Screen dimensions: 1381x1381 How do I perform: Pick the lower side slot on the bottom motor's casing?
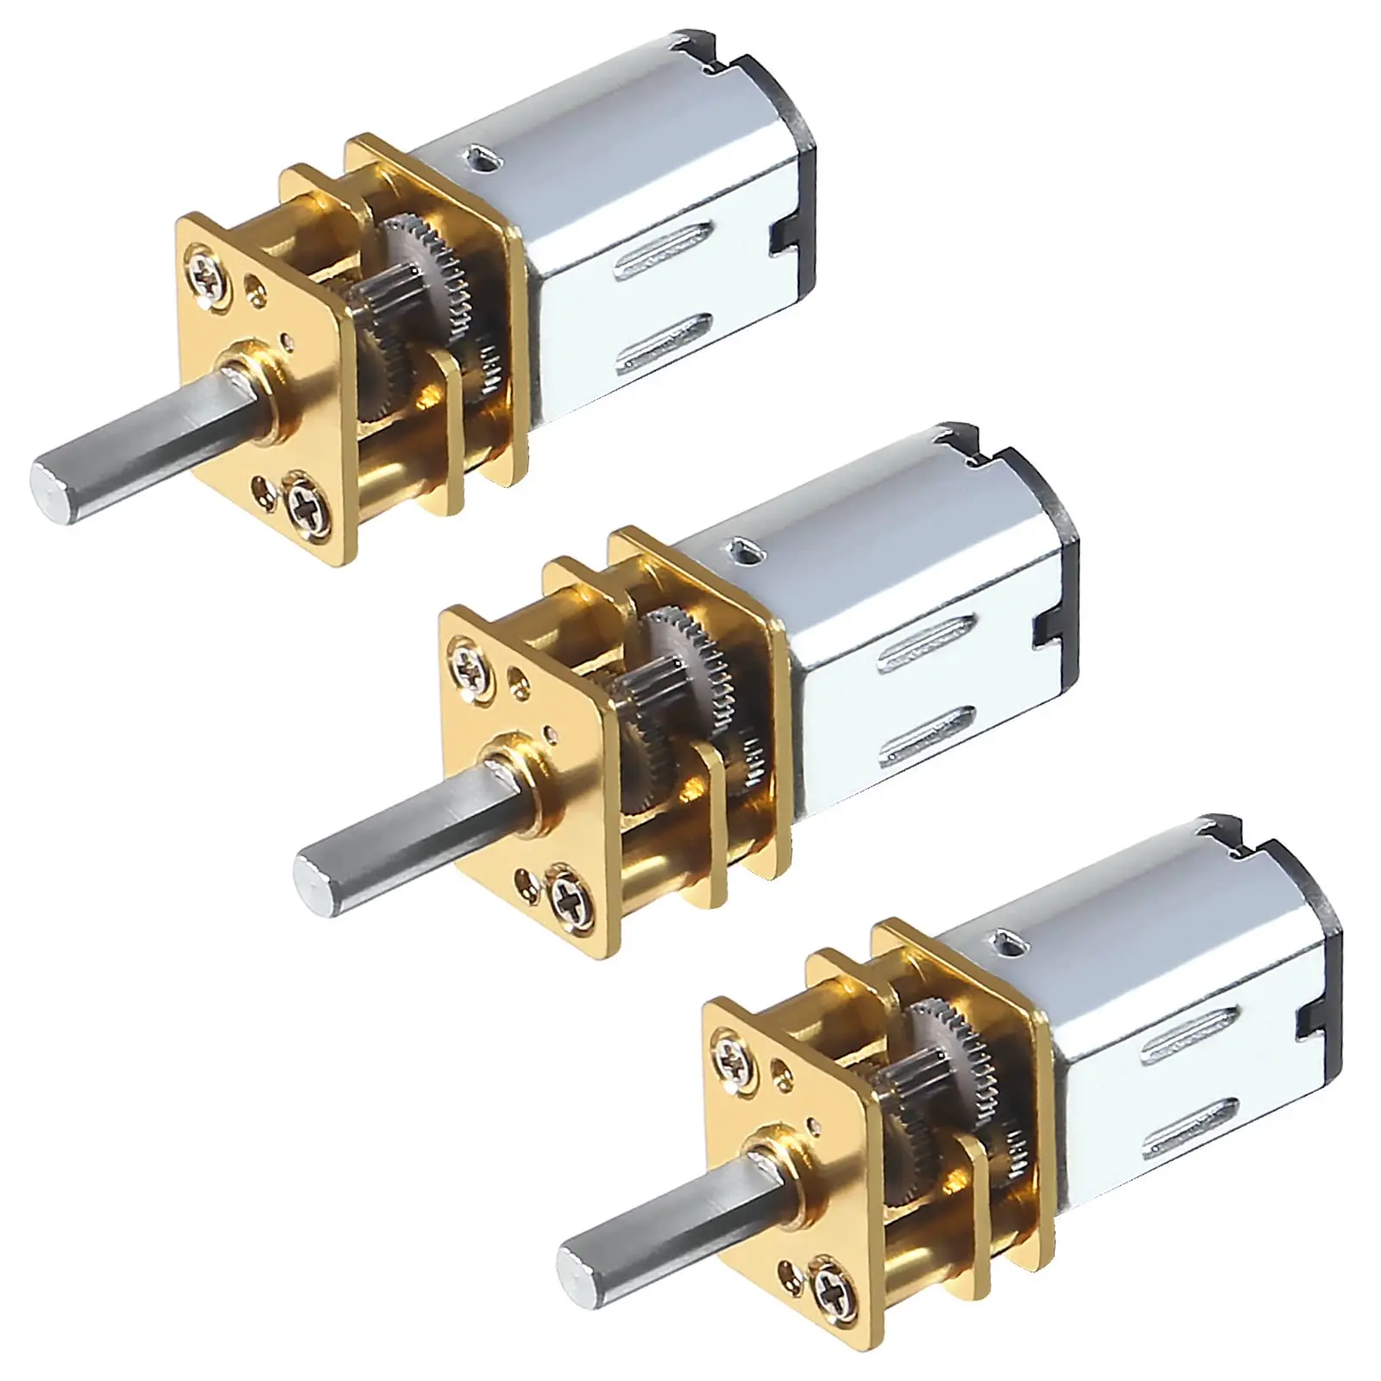[x=1193, y=1130]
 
